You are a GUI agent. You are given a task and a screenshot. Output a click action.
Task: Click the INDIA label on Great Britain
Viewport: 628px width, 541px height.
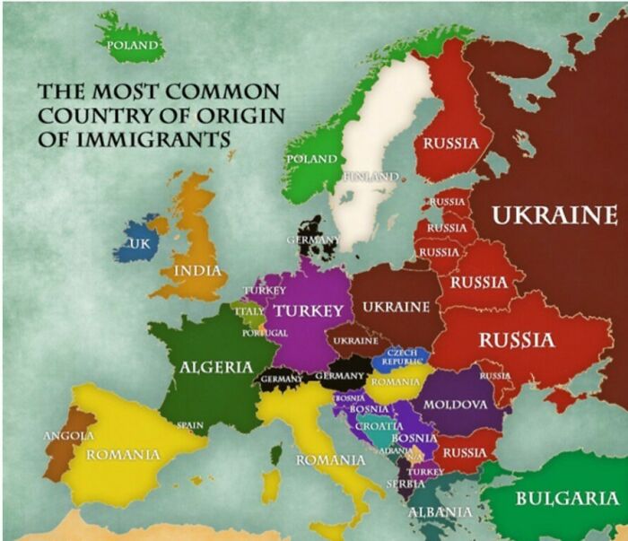[x=197, y=271]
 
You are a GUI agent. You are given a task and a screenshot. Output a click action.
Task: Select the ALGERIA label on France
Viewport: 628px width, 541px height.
[x=216, y=367]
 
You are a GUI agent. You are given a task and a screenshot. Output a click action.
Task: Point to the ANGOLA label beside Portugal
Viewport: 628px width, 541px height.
[x=69, y=435]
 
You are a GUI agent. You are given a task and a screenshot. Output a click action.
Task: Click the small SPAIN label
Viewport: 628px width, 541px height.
[x=189, y=424]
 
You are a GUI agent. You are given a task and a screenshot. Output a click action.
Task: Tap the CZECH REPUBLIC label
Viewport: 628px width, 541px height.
[x=401, y=357]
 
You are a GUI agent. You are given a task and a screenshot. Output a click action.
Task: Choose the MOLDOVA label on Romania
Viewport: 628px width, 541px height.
[x=455, y=405]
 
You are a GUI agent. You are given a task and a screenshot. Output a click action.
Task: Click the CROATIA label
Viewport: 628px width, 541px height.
[x=379, y=427]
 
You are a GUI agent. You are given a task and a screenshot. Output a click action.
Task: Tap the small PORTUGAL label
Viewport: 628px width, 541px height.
[x=265, y=333]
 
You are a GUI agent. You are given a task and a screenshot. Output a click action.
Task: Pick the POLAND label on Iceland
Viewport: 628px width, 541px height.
[x=133, y=44]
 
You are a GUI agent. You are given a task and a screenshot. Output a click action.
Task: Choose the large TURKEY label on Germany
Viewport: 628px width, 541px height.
[x=309, y=311]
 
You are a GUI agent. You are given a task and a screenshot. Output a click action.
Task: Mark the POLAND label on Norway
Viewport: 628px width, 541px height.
[x=311, y=159]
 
